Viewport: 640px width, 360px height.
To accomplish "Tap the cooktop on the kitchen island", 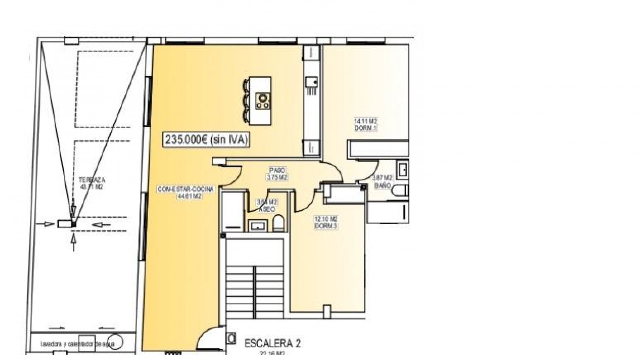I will (x=263, y=101).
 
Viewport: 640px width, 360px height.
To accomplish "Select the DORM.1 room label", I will (x=365, y=128).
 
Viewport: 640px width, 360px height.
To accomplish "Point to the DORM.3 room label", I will (x=326, y=226).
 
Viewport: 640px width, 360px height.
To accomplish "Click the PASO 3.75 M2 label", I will (x=277, y=174).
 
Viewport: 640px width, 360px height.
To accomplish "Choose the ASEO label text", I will (x=267, y=209).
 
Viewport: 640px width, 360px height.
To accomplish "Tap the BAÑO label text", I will (x=382, y=186).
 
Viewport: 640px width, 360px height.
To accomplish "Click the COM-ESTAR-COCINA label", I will (x=185, y=190).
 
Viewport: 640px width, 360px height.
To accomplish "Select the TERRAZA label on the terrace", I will (x=92, y=180).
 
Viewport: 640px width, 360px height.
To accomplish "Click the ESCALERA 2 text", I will (x=273, y=344).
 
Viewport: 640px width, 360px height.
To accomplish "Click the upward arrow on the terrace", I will (x=74, y=242).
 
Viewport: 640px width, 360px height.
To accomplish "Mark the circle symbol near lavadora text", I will (x=115, y=342).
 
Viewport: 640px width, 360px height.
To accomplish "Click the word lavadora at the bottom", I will (x=50, y=344).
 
